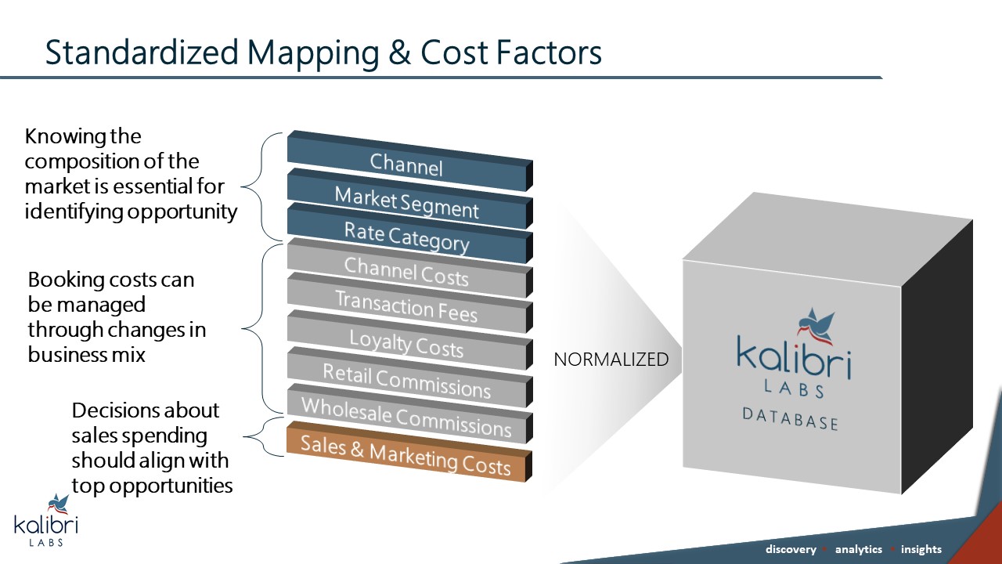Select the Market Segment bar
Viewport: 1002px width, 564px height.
click(406, 202)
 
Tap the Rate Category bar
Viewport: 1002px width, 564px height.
click(406, 237)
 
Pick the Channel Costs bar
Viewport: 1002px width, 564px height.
click(406, 272)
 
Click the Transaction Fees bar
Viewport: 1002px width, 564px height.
click(406, 307)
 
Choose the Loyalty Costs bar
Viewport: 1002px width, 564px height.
click(406, 345)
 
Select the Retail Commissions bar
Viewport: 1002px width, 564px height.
click(406, 381)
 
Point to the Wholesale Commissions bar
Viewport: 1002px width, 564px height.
click(406, 418)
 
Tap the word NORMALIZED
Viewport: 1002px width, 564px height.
click(611, 360)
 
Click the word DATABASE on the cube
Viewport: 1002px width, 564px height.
click(790, 418)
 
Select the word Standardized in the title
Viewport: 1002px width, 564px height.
click(142, 52)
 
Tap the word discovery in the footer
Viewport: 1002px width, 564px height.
click(790, 549)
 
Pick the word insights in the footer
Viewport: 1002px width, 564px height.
click(921, 549)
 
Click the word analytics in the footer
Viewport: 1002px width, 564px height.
click(858, 549)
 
